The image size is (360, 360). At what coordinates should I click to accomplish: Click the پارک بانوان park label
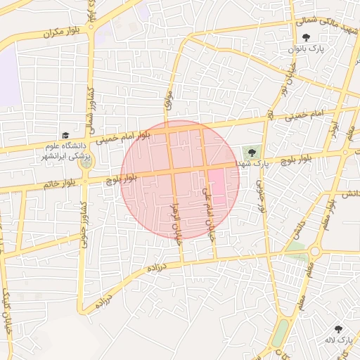point(304,51)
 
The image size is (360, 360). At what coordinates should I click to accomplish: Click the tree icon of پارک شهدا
point(252,152)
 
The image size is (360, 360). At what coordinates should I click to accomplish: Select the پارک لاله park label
point(337,340)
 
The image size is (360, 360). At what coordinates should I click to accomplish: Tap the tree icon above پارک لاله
point(338,328)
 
